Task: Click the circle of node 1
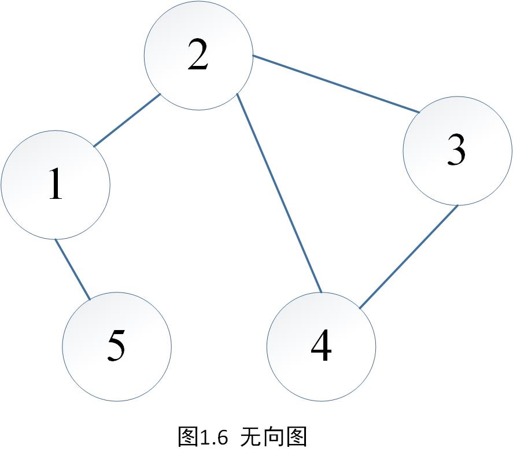click(x=35, y=208)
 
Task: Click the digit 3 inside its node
click(x=456, y=151)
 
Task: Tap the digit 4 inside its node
click(x=321, y=347)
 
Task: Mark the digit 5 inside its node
click(x=116, y=347)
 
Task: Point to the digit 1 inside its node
click(x=56, y=185)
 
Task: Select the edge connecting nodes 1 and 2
click(x=127, y=120)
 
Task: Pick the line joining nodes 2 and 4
click(x=279, y=192)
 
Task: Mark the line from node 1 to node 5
click(x=73, y=269)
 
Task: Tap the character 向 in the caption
click(x=273, y=437)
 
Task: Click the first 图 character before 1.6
click(x=189, y=437)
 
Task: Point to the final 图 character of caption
click(x=296, y=437)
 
